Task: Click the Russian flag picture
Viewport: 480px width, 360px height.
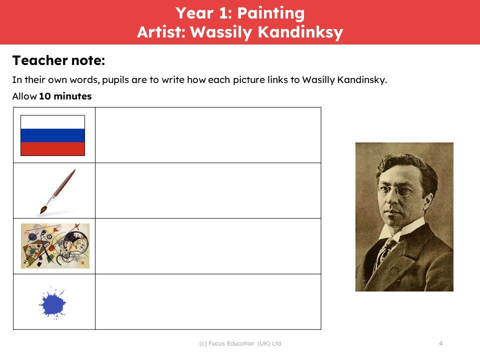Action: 52,135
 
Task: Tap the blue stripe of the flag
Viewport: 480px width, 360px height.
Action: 52,135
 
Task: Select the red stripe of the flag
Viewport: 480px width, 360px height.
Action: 52,149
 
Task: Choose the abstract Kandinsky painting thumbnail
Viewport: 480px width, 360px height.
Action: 55,246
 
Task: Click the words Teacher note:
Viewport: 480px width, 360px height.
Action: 58,60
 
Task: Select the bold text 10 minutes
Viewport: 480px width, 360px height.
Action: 65,96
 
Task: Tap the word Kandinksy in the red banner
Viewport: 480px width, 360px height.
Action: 300,32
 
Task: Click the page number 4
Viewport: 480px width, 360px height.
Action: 441,343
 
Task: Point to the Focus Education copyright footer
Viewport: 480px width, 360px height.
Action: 240,343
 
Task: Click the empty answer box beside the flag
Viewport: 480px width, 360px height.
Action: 208,135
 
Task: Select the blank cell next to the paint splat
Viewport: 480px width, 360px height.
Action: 208,302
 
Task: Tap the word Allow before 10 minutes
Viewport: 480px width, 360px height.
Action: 24,96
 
